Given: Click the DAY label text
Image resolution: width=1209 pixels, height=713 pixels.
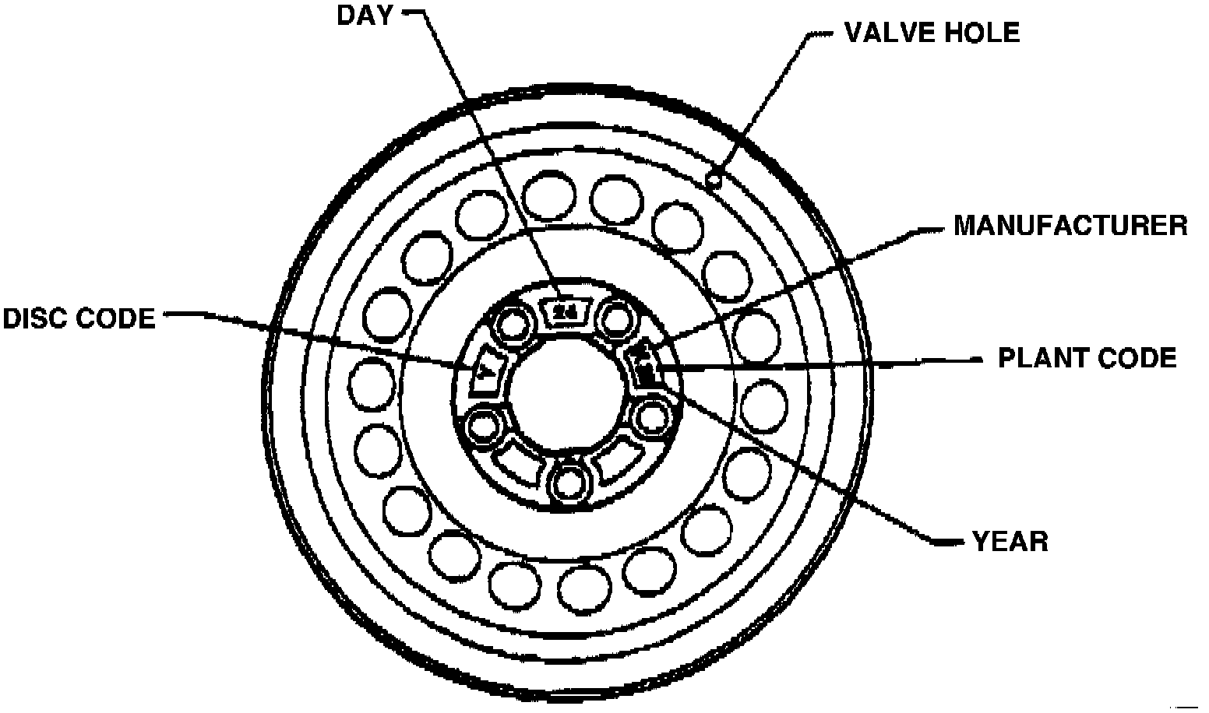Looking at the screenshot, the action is (x=365, y=16).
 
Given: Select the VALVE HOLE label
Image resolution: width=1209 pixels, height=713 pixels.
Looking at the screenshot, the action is (x=932, y=33).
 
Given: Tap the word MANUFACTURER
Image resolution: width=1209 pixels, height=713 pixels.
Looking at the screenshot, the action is (x=1070, y=226).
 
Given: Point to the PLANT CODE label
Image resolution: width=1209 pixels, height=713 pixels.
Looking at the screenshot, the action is (x=1087, y=358).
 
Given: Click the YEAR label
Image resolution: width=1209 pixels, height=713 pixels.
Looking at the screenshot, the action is (x=1010, y=541).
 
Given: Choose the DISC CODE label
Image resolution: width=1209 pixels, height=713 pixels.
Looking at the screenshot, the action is (x=79, y=318).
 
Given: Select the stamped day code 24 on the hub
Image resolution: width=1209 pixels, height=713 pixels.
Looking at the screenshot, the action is (x=565, y=312).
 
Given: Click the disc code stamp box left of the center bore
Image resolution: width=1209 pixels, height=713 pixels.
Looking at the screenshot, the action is (x=487, y=373).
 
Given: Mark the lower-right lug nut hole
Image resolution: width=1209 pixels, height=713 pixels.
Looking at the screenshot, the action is (x=648, y=420).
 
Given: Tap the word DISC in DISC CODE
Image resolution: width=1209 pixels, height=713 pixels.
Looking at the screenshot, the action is (x=37, y=318).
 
